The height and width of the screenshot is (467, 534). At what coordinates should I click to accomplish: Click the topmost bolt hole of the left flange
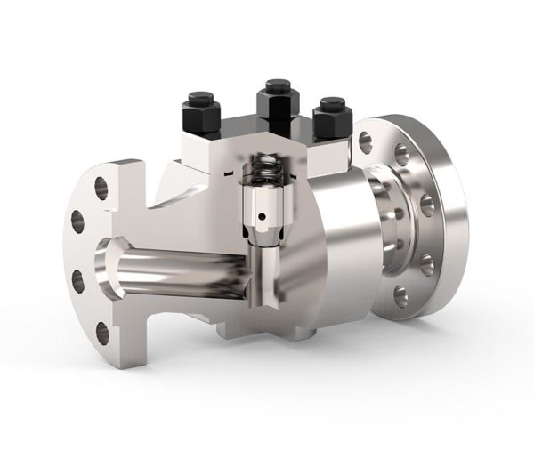101,186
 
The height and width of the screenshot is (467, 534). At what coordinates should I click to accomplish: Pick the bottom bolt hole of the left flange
101,333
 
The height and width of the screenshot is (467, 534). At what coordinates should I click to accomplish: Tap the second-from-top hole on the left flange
77,220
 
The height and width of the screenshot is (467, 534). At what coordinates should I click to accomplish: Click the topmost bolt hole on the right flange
366,139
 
